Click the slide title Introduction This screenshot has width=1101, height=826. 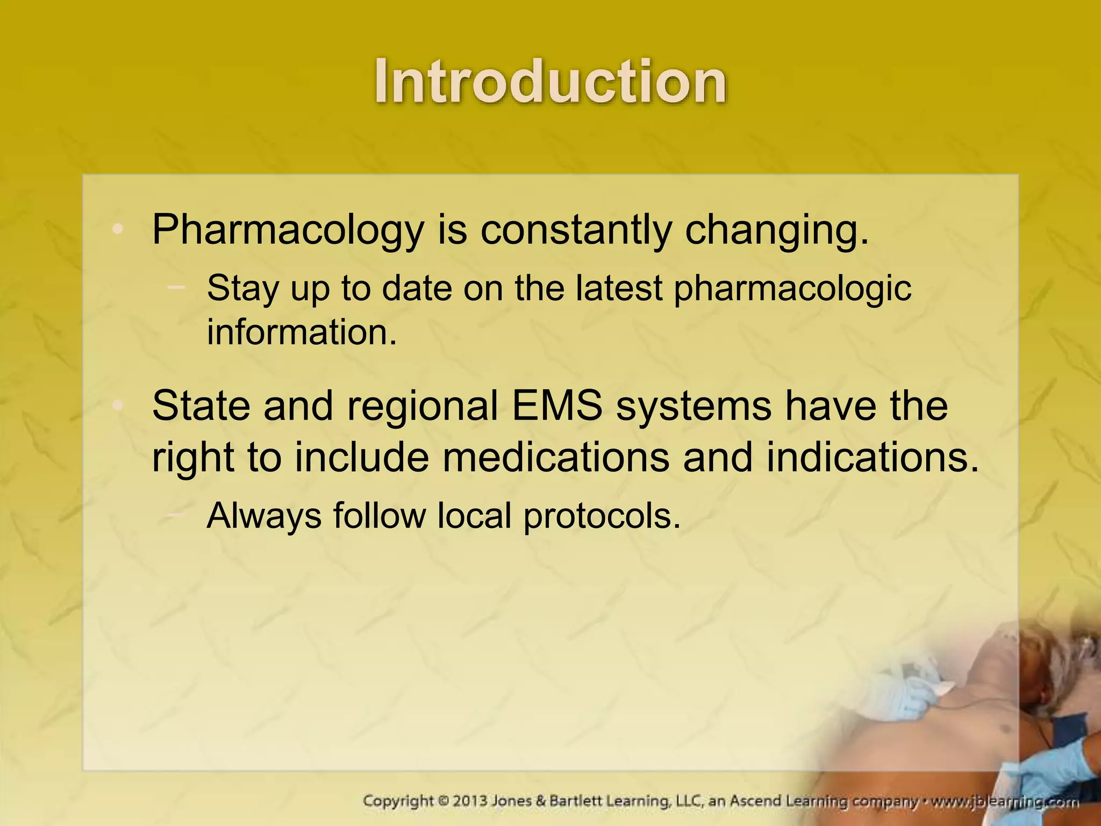pos(550,82)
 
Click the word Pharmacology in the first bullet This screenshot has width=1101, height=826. pos(288,230)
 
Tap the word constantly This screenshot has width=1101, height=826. pos(575,230)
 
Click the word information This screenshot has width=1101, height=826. pos(302,332)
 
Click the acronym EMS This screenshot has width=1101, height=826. pos(557,405)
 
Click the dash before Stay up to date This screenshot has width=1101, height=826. pos(176,287)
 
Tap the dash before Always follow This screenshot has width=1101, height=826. pos(176,515)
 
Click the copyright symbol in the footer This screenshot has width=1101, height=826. pos(442,801)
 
